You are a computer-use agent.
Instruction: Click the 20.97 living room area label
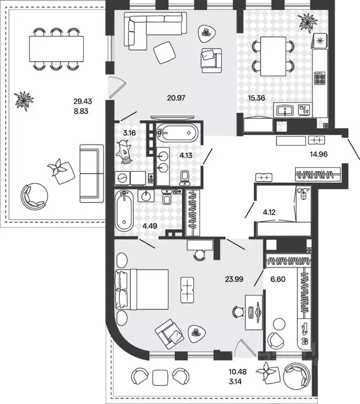click(x=176, y=98)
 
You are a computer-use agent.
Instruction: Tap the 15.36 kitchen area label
click(x=256, y=98)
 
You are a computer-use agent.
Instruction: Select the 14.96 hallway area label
click(x=318, y=154)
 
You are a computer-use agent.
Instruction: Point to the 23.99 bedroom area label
click(x=234, y=279)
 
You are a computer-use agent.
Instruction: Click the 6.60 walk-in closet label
click(x=278, y=279)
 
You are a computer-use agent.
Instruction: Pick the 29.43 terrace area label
click(x=83, y=101)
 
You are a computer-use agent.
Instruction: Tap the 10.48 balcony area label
click(x=238, y=372)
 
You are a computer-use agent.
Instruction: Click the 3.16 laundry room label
click(x=129, y=133)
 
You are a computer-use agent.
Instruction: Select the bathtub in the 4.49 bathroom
click(x=124, y=211)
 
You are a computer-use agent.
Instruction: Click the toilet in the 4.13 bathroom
click(x=185, y=178)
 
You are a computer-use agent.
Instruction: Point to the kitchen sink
click(x=285, y=110)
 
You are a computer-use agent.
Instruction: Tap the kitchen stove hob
click(x=320, y=78)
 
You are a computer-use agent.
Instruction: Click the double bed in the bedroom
click(x=142, y=290)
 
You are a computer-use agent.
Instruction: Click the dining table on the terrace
click(x=56, y=49)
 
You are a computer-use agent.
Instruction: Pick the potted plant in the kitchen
click(x=308, y=23)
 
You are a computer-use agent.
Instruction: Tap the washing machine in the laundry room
click(x=123, y=178)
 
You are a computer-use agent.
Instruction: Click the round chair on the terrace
click(x=34, y=196)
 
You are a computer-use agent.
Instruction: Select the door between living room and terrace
click(x=117, y=87)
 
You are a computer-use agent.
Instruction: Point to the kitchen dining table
click(x=273, y=56)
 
